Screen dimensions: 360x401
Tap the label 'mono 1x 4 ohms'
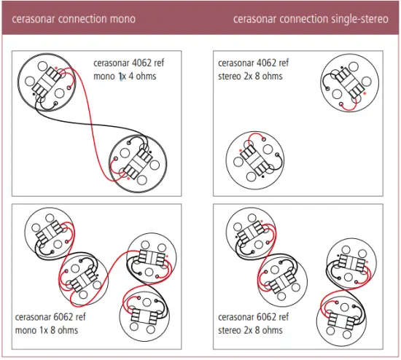pos(125,76)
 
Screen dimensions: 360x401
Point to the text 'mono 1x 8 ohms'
pos(47,330)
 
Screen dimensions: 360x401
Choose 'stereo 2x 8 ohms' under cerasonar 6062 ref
pos(250,330)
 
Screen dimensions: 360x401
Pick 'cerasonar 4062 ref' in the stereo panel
pos(254,63)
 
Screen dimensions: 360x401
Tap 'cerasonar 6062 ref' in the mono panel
pos(50,318)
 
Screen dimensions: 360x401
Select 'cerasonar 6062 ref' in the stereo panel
pos(254,318)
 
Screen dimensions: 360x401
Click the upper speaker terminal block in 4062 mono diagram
pos(50,82)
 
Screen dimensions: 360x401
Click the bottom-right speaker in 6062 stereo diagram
pos(343,315)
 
